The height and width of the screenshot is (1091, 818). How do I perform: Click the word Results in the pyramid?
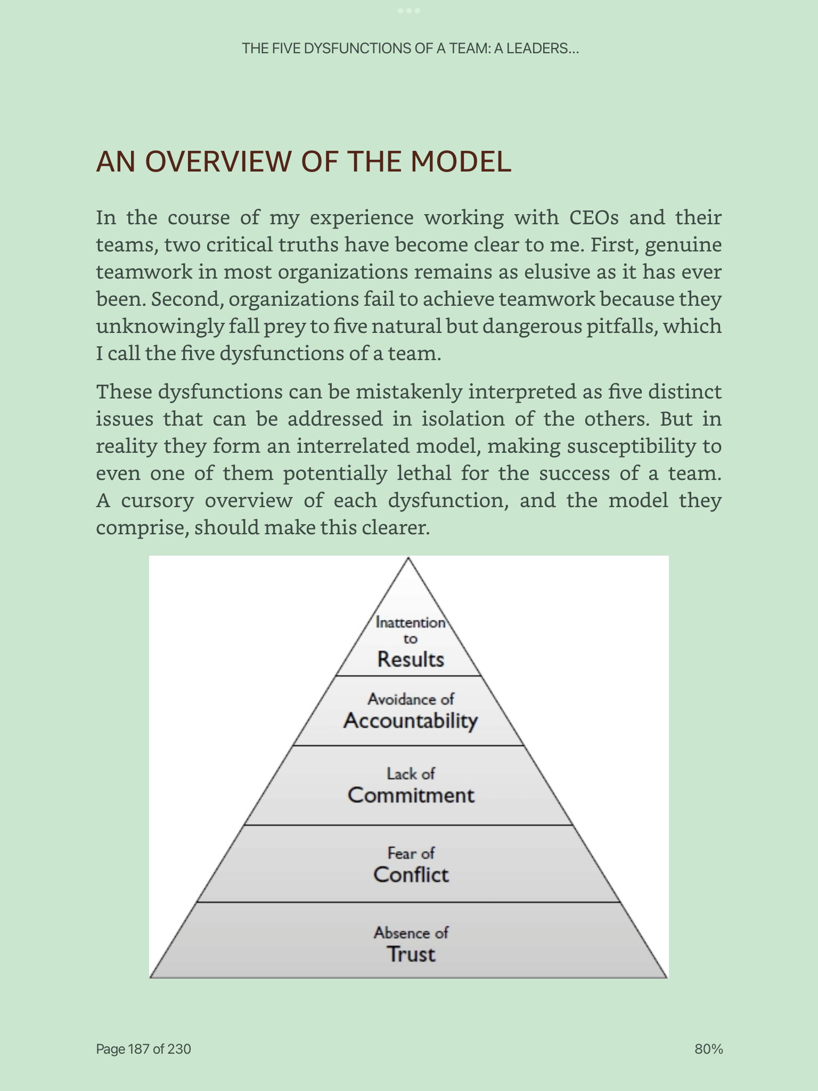click(x=411, y=660)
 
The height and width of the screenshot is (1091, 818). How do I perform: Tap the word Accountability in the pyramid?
click(x=411, y=721)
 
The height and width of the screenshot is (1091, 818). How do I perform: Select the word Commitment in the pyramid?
click(x=411, y=795)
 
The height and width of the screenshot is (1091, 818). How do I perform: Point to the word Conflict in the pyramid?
click(x=411, y=875)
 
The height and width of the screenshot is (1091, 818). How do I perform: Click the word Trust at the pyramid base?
click(x=411, y=954)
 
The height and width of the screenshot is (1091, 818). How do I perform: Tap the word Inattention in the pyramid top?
click(x=411, y=622)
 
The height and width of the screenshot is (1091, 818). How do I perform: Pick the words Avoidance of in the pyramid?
click(x=411, y=699)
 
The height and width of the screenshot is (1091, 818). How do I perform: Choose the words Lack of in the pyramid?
click(x=411, y=774)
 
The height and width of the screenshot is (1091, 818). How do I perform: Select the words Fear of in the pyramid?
click(x=411, y=853)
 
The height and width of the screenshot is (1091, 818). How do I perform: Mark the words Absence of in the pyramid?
click(x=411, y=933)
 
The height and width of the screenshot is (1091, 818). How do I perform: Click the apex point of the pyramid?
click(x=408, y=558)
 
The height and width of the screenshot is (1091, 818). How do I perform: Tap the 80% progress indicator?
click(x=709, y=1049)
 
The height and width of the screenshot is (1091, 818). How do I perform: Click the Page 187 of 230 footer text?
click(x=143, y=1049)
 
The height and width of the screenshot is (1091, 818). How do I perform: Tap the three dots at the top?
click(x=408, y=11)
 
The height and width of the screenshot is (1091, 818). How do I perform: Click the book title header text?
click(x=410, y=48)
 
